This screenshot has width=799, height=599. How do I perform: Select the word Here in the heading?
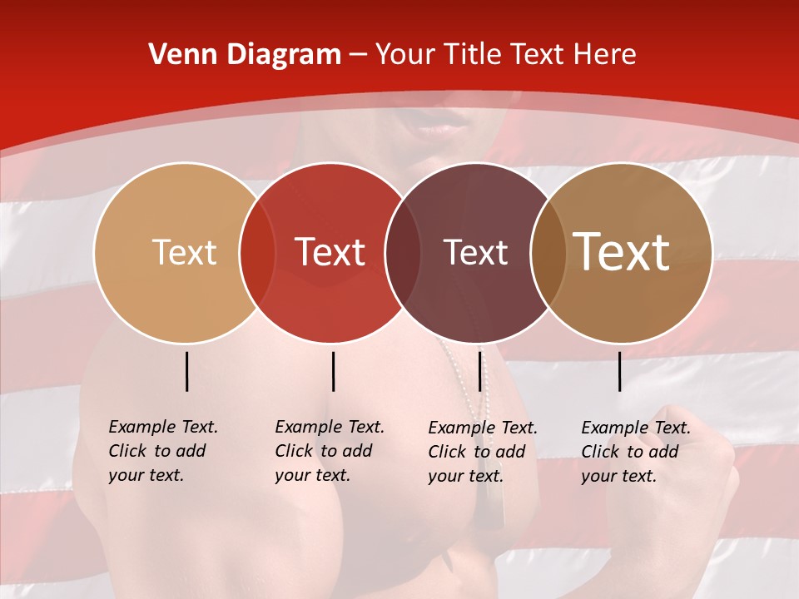(604, 55)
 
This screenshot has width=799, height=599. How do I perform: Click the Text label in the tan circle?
(184, 252)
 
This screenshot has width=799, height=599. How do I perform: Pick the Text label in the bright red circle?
(330, 252)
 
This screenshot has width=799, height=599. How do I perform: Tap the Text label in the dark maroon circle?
(475, 252)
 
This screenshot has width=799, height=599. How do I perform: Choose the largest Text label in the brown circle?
(622, 251)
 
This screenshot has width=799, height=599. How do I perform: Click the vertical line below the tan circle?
(186, 371)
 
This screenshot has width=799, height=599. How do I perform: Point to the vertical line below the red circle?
(333, 371)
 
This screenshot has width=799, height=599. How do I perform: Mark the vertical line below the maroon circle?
(479, 371)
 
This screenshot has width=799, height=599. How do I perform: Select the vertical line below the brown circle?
(619, 371)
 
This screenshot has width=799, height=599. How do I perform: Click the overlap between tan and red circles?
(257, 252)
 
